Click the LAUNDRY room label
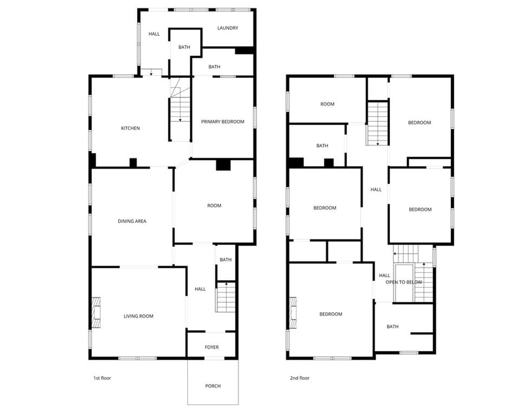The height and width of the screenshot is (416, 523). (x=227, y=28)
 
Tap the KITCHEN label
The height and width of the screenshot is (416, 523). (x=130, y=128)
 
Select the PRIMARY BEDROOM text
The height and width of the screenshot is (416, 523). (x=223, y=122)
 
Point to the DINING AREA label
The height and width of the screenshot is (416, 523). (x=132, y=221)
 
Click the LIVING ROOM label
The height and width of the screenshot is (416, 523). (x=139, y=316)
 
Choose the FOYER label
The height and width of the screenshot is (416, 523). (x=212, y=347)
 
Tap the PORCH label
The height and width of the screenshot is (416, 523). (x=213, y=386)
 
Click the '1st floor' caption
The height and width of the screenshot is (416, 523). (x=102, y=378)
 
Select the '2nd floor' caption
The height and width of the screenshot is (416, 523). (x=299, y=378)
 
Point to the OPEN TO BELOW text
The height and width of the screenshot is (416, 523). (x=403, y=282)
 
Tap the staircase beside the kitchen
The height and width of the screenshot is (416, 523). (x=180, y=109)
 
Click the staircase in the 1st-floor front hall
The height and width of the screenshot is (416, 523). (x=225, y=297)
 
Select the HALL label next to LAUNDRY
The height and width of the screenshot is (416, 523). (x=154, y=34)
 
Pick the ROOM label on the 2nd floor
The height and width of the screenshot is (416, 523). (x=327, y=104)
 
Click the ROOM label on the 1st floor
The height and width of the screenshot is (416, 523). (x=214, y=205)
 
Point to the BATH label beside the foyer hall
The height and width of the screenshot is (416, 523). (x=225, y=259)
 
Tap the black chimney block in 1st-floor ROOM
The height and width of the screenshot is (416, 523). (x=223, y=165)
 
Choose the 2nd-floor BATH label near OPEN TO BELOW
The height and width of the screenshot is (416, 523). (x=392, y=327)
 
